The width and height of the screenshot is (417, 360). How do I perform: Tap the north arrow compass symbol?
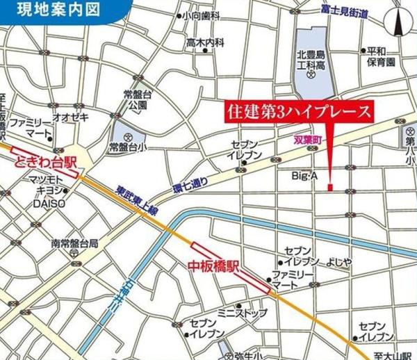400,24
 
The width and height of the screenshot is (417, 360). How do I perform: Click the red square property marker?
330,186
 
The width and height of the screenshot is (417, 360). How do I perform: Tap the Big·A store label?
304,177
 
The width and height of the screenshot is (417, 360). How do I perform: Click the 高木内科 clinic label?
205,42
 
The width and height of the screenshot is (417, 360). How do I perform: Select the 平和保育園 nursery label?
381,56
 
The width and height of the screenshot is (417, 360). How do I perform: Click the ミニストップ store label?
243,313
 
